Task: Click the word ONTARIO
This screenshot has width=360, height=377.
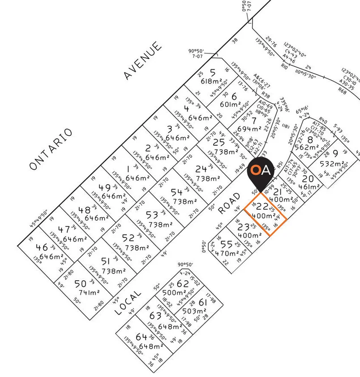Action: point(51,149)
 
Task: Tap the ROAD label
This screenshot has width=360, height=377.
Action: point(229,203)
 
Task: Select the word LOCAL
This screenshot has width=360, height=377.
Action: point(128,302)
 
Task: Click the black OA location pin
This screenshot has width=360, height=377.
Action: point(261,173)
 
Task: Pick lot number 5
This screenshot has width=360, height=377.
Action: point(212,72)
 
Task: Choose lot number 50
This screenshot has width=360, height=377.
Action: point(80,283)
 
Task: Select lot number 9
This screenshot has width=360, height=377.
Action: point(335,154)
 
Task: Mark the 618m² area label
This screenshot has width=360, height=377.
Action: point(212,81)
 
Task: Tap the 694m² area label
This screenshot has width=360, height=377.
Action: point(249,129)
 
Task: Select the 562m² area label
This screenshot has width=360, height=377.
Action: point(305,147)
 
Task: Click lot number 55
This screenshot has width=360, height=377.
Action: point(227,244)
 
